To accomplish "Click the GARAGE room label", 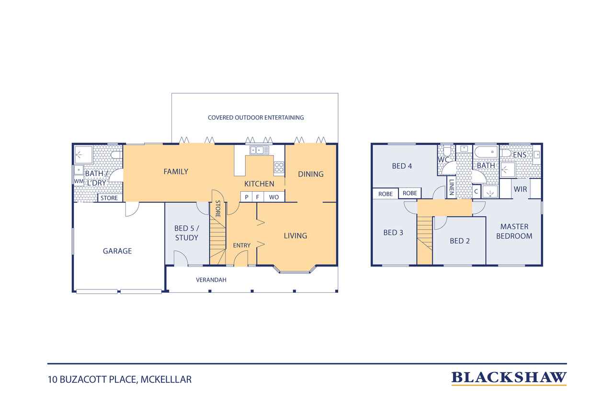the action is pyautogui.click(x=117, y=251).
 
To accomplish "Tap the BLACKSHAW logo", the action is pyautogui.click(x=509, y=378).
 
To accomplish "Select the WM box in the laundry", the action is pyautogui.click(x=79, y=181).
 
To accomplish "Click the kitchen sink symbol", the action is pyautogui.click(x=259, y=150).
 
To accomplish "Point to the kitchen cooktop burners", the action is pyautogui.click(x=279, y=167).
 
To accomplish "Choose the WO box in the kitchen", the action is pyautogui.click(x=274, y=197).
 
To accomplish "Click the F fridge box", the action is pyautogui.click(x=258, y=197).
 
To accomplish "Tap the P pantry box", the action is pyautogui.click(x=247, y=197).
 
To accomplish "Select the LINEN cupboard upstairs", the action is pyautogui.click(x=451, y=187).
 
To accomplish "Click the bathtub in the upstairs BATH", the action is pyautogui.click(x=486, y=152).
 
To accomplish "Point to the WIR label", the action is pyautogui.click(x=520, y=189).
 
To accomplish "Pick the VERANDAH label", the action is pyautogui.click(x=211, y=280).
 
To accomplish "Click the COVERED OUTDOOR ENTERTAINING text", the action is pyautogui.click(x=256, y=118).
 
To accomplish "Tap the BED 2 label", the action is pyautogui.click(x=459, y=241).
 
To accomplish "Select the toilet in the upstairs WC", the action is pyautogui.click(x=446, y=150).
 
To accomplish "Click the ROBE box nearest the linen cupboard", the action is pyautogui.click(x=409, y=193).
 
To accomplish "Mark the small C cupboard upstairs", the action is pyautogui.click(x=476, y=192).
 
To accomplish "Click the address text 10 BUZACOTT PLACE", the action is pyautogui.click(x=92, y=380).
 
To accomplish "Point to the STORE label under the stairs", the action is pyautogui.click(x=218, y=209).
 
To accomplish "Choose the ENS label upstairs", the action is pyautogui.click(x=520, y=155).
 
